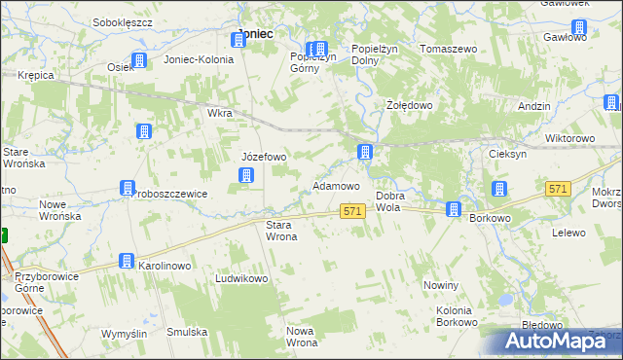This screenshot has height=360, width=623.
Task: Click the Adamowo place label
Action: (336, 185)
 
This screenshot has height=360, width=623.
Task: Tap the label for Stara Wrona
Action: (281, 230)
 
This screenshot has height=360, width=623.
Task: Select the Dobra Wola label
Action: (389, 201)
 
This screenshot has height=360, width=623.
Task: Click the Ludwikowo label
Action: (241, 278)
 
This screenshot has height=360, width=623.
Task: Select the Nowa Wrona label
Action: (301, 337)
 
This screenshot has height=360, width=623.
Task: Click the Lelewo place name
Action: (568, 233)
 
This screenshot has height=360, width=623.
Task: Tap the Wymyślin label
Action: (124, 333)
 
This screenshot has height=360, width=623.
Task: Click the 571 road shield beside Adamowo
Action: (353, 211)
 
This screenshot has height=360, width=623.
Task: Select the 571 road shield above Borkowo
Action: (558, 190)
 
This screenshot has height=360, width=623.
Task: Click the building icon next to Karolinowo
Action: (127, 261)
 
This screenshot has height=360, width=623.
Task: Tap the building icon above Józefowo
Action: (246, 175)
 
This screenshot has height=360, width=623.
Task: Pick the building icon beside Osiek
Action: (139, 60)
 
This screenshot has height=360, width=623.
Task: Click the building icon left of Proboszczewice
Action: (127, 188)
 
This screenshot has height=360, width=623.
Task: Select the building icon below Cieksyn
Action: (499, 190)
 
